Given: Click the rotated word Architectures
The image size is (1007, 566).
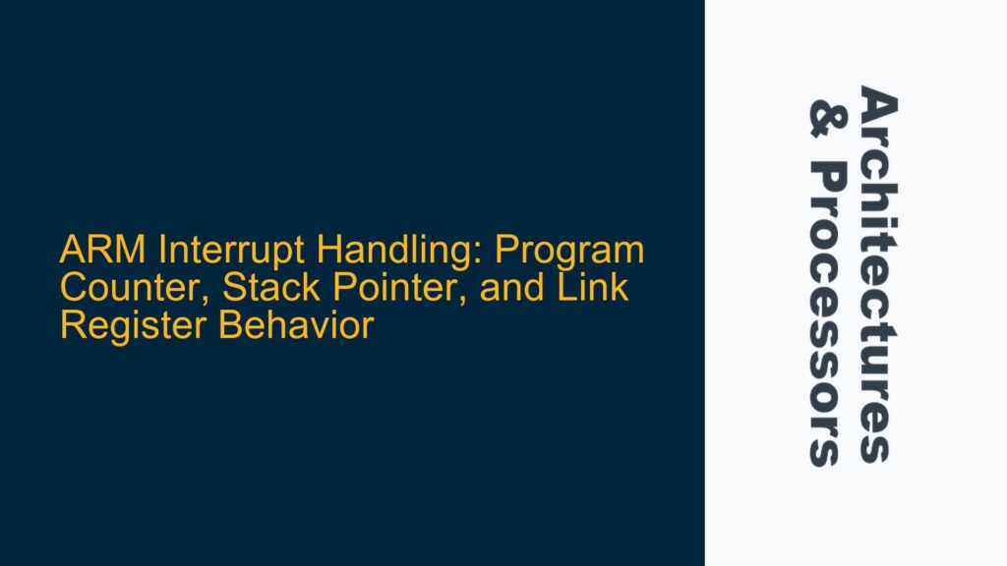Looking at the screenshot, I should coord(878,274).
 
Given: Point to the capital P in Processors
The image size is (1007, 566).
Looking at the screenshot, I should coord(824,179).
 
